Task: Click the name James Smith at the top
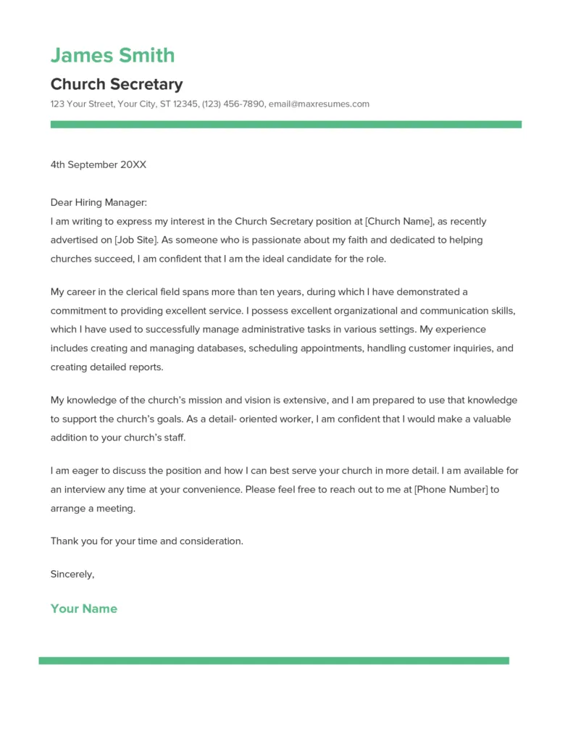[112, 55]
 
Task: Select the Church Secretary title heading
[117, 84]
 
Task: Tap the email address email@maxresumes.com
[319, 104]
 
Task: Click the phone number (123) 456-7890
[233, 104]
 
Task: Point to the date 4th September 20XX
[98, 164]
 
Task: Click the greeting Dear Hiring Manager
[99, 203]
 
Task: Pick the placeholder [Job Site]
[136, 240]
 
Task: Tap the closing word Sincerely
[72, 574]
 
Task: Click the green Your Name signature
[83, 609]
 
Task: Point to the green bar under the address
[285, 125]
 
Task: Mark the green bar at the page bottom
[274, 661]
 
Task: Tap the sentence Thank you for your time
[146, 541]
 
